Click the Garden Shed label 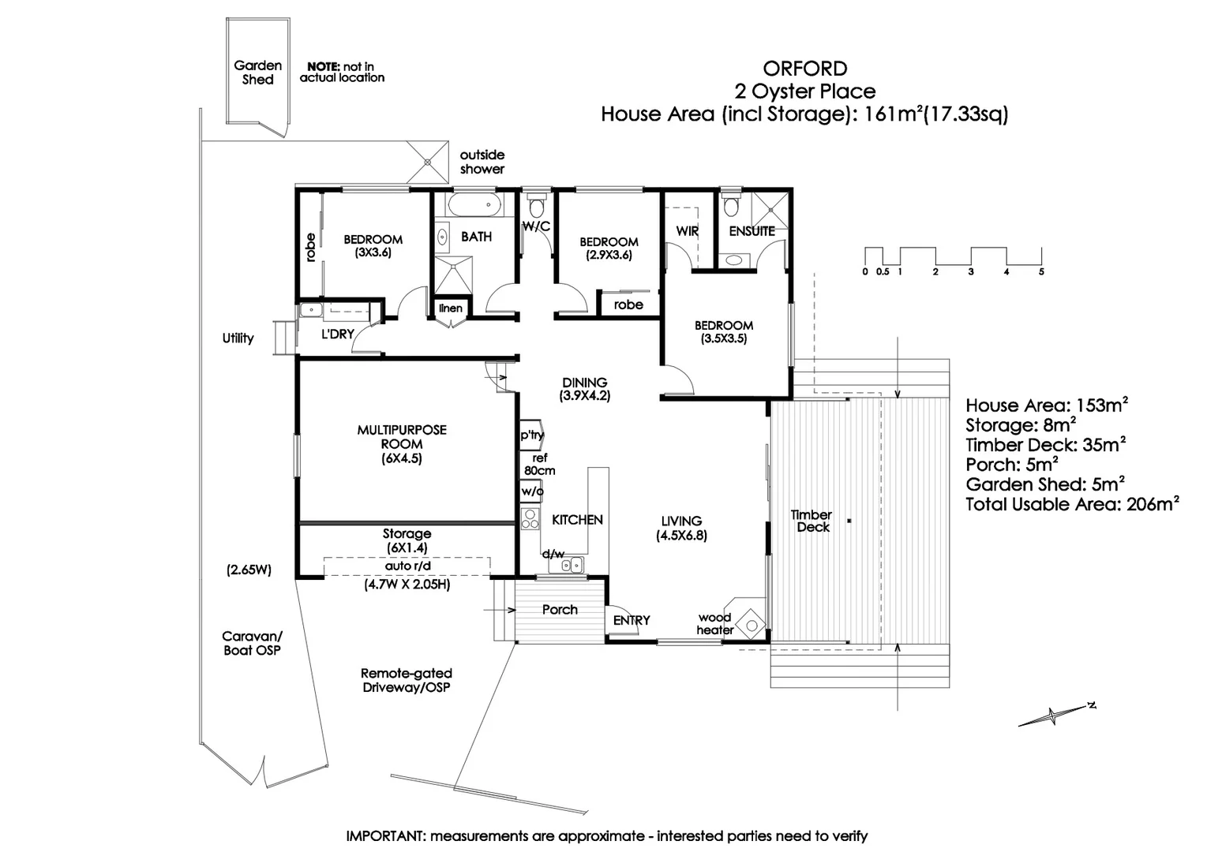[257, 73]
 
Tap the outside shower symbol [427, 162]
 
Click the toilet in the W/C [537, 207]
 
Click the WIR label [687, 231]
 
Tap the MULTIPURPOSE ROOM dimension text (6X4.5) [402, 458]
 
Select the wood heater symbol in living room [752, 625]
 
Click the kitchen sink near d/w [572, 564]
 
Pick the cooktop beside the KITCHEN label [530, 518]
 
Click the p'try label [531, 435]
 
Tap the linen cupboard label [451, 308]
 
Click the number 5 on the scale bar [1041, 271]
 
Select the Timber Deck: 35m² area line [1045, 445]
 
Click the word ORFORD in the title [804, 69]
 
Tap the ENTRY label [632, 621]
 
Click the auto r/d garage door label [407, 566]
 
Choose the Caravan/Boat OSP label [252, 643]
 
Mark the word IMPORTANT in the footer [385, 836]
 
